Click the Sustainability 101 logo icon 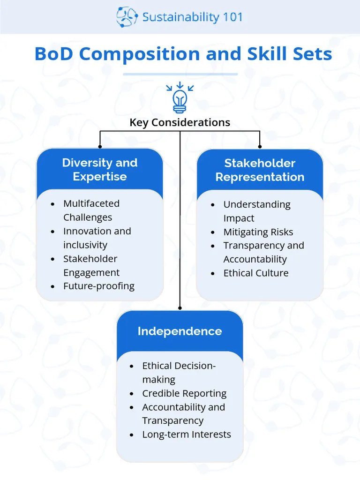pyautogui.click(x=127, y=17)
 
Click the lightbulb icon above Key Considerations pyautogui.click(x=180, y=98)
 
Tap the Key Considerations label pyautogui.click(x=180, y=123)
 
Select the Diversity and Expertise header pyautogui.click(x=100, y=170)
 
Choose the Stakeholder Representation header pyautogui.click(x=260, y=170)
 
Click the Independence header pyautogui.click(x=180, y=331)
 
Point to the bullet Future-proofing pyautogui.click(x=99, y=286)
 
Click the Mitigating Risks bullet pyautogui.click(x=258, y=232)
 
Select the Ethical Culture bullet pyautogui.click(x=256, y=273)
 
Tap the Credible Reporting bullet pyautogui.click(x=184, y=393)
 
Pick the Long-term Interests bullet pyautogui.click(x=187, y=435)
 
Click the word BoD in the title pyautogui.click(x=54, y=54)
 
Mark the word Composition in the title pyautogui.click(x=137, y=54)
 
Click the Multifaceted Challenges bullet pyautogui.click(x=91, y=210)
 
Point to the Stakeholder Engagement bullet pyautogui.click(x=91, y=266)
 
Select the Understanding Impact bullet pyautogui.click(x=257, y=211)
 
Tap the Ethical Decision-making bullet pyautogui.click(x=179, y=373)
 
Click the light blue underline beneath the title pyautogui.click(x=180, y=74)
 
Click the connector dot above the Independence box pyautogui.click(x=180, y=308)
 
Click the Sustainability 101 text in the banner pyautogui.click(x=193, y=17)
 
